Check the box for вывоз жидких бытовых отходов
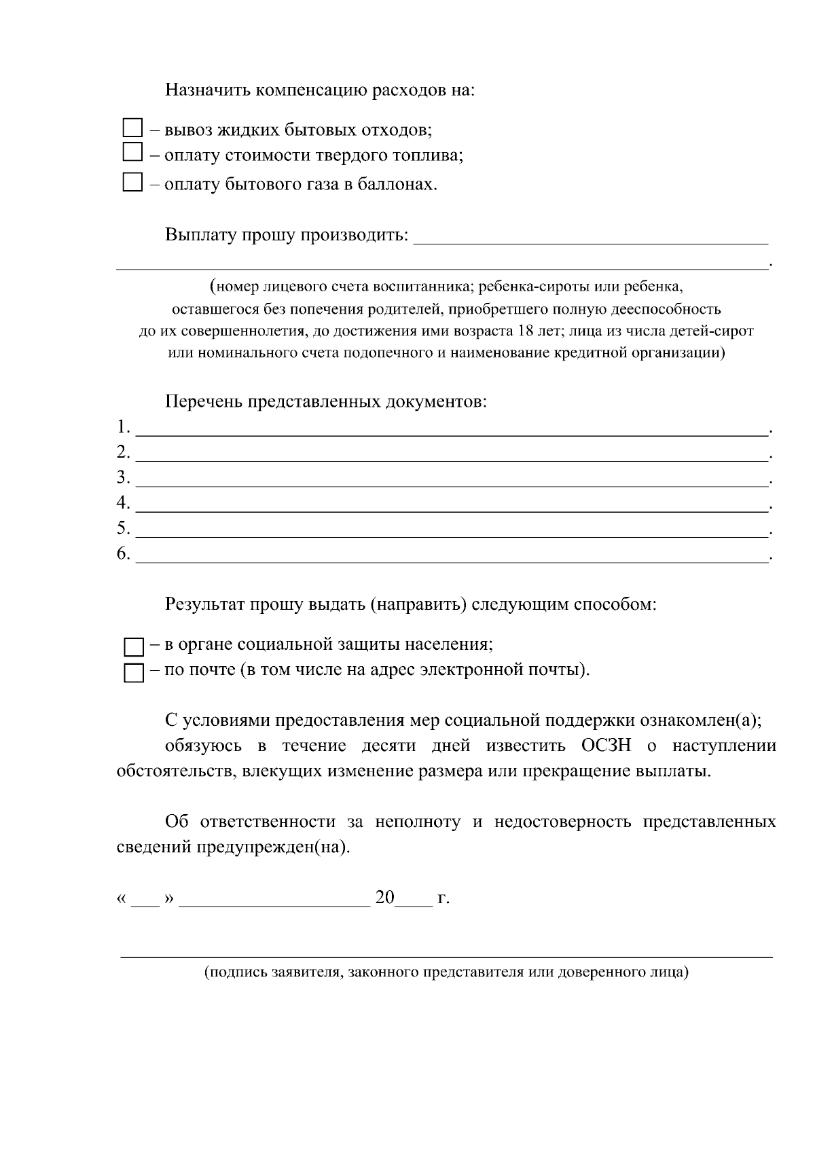132,128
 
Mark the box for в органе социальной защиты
134,646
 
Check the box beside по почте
134,673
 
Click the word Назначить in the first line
208,90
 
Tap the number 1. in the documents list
123,427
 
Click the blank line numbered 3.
452,481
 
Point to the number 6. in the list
123,554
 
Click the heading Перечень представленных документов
326,401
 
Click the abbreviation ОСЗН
606,746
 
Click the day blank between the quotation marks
145,900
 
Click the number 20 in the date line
384,898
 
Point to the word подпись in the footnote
238,972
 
